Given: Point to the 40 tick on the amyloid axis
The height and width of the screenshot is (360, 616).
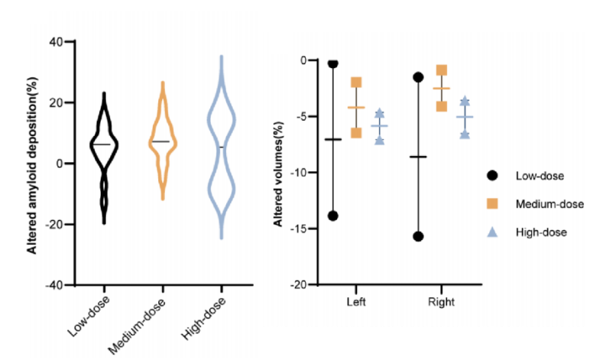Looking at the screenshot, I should pos(55,41).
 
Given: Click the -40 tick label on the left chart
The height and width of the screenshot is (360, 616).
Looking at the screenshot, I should pos(53,285).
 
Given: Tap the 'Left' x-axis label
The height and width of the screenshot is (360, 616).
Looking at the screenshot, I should pos(355,302).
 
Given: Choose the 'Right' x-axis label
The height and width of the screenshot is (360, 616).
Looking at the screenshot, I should pos(441,302).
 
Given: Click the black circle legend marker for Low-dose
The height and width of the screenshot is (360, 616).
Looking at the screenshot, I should pos(492,176).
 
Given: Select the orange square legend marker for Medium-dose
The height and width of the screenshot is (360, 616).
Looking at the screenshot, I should pos(492,203).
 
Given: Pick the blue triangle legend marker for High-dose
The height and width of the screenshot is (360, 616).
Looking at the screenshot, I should pos(492,231).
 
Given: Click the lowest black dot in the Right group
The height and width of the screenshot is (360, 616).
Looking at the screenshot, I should pos(418,236).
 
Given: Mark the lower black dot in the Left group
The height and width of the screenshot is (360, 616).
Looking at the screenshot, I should pos(332,216).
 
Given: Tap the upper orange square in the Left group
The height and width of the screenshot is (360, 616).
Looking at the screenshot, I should pos(356,83).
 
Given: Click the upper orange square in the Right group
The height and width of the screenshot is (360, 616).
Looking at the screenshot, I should pos(442,70).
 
